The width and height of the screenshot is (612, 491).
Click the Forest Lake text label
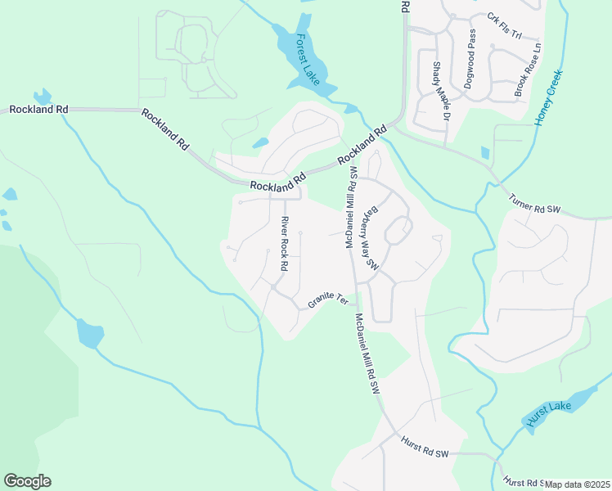click(x=308, y=59)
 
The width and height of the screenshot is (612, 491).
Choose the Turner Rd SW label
click(x=534, y=204)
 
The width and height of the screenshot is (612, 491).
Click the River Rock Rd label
click(x=284, y=244)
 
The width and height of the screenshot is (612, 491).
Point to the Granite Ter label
click(x=328, y=301)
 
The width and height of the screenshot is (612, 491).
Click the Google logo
click(x=27, y=481)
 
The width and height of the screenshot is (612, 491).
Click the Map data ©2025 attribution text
click(x=578, y=484)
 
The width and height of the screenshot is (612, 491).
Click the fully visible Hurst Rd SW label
click(x=425, y=447)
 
